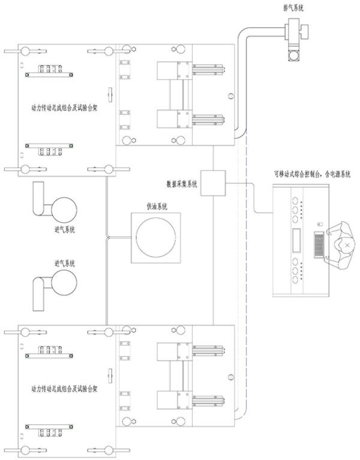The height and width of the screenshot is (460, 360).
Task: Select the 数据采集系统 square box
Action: click(x=212, y=183)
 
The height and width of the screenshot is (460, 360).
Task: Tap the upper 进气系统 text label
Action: click(x=64, y=229)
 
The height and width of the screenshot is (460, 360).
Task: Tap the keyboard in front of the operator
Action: click(x=319, y=245)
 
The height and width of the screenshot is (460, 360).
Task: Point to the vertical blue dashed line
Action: click(x=246, y=270)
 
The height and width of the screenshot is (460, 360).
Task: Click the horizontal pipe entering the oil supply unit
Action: click(x=119, y=237)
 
